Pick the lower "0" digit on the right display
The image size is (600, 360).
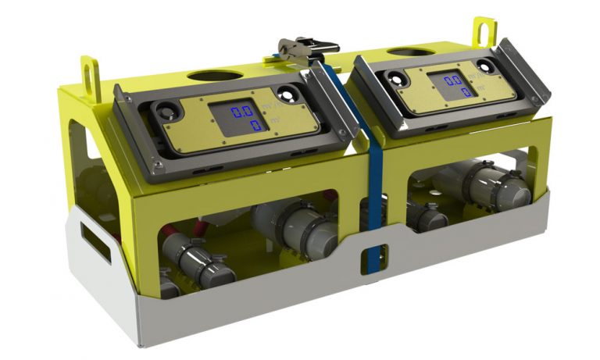pyautogui.click(x=466, y=92)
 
